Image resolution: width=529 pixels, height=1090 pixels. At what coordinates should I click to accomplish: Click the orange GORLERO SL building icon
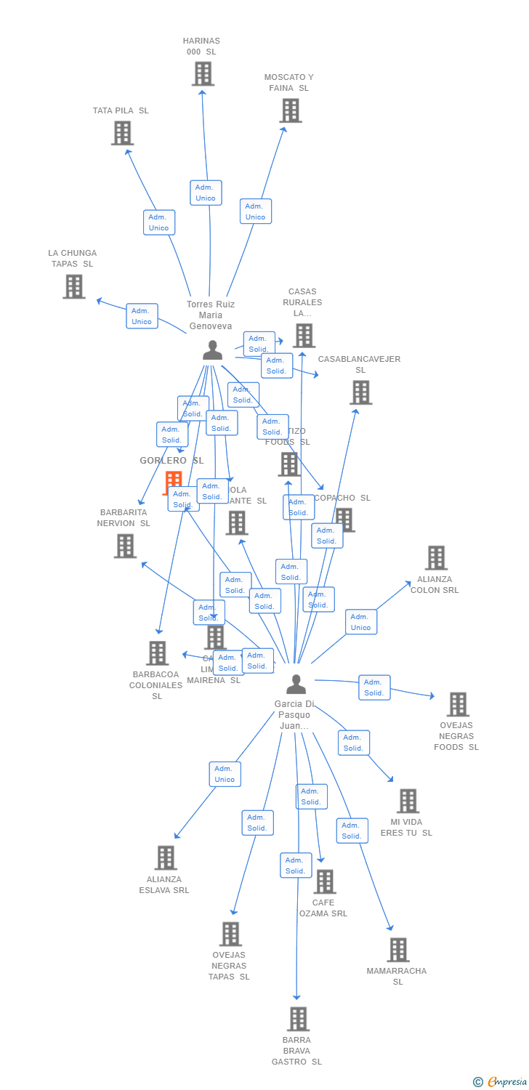[x=173, y=481]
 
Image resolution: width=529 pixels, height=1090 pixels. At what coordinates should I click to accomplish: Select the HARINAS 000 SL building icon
[x=203, y=74]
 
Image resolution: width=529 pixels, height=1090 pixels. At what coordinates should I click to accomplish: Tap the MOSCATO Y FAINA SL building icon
[x=291, y=110]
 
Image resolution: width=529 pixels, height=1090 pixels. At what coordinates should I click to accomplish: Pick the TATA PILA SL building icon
[x=122, y=133]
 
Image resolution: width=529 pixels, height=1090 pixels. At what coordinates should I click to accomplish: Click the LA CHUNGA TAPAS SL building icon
[x=74, y=286]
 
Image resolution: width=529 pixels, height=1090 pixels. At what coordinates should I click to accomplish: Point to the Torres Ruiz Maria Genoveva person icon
[x=212, y=350]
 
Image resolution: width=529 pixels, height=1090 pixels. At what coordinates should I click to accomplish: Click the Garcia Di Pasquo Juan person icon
[x=296, y=685]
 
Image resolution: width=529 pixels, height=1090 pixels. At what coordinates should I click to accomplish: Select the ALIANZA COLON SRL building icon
[x=436, y=558]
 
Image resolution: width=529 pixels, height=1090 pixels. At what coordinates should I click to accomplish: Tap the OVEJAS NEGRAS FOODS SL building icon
[x=458, y=704]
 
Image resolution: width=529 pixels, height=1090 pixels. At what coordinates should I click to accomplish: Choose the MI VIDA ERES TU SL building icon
[x=408, y=801]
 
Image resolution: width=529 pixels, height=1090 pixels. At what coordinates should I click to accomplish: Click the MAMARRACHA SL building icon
[x=398, y=950]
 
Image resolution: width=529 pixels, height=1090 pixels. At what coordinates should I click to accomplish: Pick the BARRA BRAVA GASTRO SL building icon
[x=298, y=1019]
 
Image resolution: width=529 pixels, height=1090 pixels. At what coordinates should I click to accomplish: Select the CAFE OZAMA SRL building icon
[x=324, y=881]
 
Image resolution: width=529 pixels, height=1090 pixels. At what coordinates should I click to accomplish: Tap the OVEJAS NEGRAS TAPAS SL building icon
[x=230, y=934]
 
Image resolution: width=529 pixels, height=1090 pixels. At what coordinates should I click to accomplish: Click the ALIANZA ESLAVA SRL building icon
[x=166, y=857]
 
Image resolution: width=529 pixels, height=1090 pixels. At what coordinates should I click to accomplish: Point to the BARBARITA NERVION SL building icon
[x=125, y=546]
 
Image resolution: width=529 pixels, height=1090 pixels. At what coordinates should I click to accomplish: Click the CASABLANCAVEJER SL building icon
[x=360, y=392]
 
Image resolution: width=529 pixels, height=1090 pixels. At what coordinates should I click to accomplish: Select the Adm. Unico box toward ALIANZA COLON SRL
[x=361, y=622]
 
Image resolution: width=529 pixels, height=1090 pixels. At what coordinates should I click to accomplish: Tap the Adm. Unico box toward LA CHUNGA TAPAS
[x=142, y=316]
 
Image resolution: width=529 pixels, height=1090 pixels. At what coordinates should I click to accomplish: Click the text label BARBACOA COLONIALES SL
[x=156, y=685]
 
